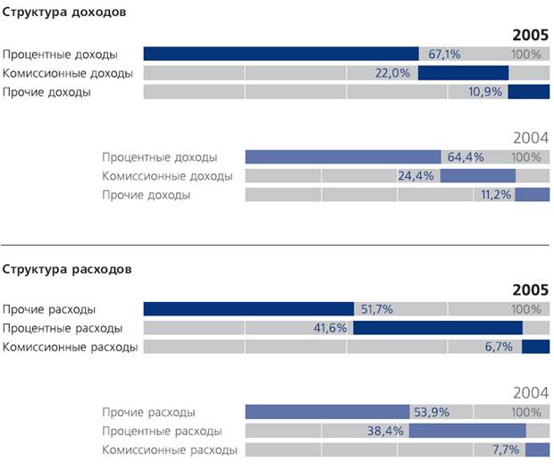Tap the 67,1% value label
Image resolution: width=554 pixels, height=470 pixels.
pos(444,54)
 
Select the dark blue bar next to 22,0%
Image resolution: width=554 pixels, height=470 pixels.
pos(463,73)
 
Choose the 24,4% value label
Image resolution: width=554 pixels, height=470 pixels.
pos(416,176)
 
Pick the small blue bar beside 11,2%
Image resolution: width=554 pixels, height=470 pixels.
pos(532,195)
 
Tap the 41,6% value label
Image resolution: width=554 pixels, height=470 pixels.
pos(331,328)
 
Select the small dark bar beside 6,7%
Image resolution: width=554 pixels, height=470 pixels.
pos(535,347)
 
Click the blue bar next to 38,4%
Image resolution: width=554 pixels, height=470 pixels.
pos(467,431)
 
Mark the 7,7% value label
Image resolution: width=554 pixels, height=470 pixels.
pos(505,449)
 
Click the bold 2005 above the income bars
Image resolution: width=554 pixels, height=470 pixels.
pos(530,35)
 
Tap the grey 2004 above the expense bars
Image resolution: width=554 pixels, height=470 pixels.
pos(530,392)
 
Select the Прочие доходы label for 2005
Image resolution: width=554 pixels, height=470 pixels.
pos(46,92)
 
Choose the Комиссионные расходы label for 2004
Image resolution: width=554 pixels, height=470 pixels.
pos(170,449)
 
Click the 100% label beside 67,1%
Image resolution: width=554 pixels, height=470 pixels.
pos(526,54)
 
